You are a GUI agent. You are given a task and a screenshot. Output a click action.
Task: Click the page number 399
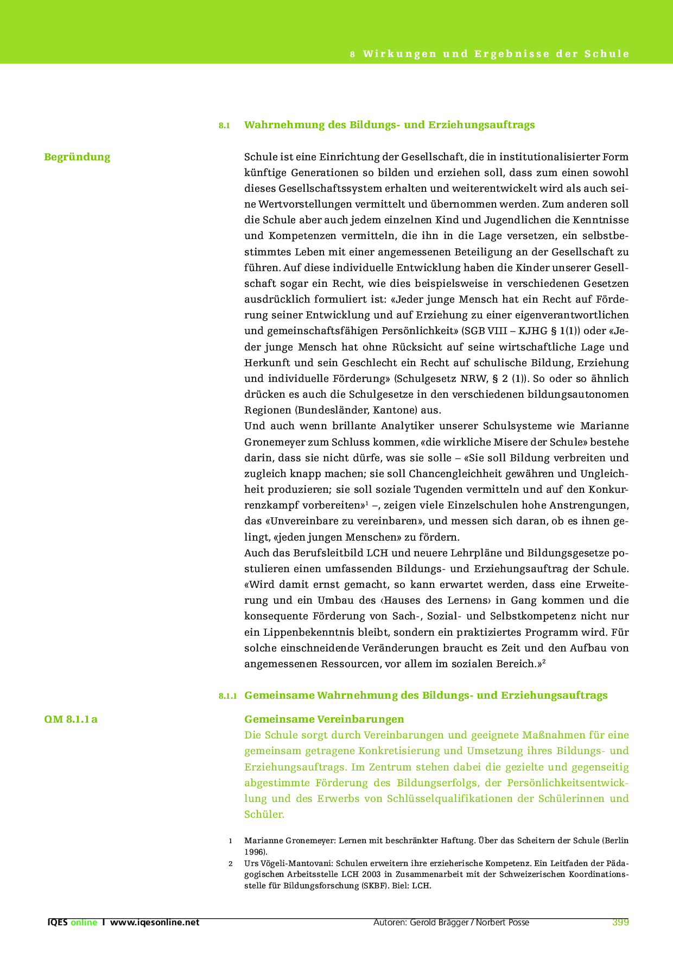(x=620, y=922)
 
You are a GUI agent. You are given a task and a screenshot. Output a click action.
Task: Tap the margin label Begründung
(x=77, y=157)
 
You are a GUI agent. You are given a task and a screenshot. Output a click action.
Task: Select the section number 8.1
(x=225, y=126)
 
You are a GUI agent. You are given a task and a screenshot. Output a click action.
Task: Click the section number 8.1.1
(x=228, y=696)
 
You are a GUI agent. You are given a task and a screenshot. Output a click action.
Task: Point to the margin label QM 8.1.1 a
(x=71, y=719)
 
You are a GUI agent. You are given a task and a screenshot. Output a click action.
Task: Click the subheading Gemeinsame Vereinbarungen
(x=324, y=719)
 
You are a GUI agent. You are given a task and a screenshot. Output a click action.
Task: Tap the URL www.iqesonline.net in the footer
(x=155, y=922)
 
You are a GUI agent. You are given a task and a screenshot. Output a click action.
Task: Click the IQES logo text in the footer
(x=58, y=922)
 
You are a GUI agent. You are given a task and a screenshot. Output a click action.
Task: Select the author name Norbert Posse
(x=503, y=922)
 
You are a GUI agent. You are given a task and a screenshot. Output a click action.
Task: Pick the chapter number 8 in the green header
(x=352, y=54)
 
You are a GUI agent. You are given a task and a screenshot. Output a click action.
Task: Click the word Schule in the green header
(x=607, y=54)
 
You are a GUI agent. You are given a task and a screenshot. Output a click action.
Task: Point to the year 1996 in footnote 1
(x=254, y=851)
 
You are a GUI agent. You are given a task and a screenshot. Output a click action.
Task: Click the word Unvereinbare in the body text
(x=301, y=522)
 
